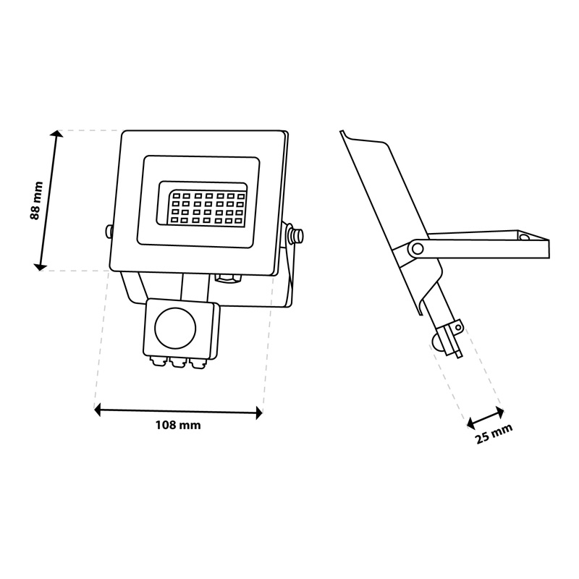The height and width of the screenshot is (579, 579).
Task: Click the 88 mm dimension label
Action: pos(36,200)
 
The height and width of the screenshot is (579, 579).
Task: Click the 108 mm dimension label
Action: pos(178,425)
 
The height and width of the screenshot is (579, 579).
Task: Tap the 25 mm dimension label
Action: pos(494,434)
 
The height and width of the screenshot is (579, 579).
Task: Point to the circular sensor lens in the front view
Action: pos(175,329)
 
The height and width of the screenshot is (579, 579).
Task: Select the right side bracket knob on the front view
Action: pos(296,234)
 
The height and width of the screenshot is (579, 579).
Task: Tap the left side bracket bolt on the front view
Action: pos(109,231)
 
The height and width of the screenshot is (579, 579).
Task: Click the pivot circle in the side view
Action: pos(418,248)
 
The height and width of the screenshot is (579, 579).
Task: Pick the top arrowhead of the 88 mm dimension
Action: pos(57,134)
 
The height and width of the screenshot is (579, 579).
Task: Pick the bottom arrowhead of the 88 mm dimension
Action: pos(39,266)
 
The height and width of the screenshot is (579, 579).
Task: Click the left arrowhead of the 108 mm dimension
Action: pos(98,410)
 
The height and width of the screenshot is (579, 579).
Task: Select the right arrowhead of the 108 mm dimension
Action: pos(259,413)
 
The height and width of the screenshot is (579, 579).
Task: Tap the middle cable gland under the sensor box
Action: pos(177,363)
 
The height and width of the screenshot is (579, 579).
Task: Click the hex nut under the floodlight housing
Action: pos(228,279)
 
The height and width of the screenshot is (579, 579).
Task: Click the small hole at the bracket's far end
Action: pos(523,237)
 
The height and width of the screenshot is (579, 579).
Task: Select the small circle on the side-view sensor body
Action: pos(458,327)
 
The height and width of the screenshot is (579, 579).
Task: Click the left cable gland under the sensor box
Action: pos(158,361)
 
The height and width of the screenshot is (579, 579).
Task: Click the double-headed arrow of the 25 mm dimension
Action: pos(486,418)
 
